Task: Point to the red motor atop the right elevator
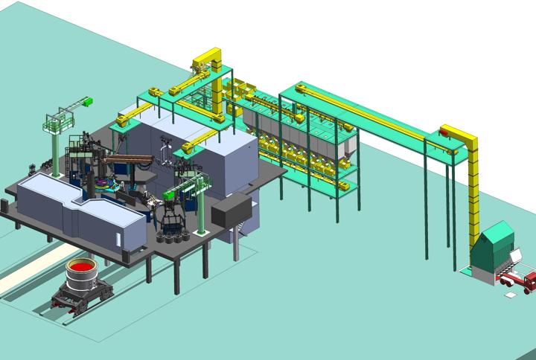pos(446,133)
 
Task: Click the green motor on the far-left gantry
pos(87,102)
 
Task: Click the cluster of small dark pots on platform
pos(173,237)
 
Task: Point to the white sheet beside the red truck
pos(511,296)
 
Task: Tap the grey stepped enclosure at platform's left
pos(82,212)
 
